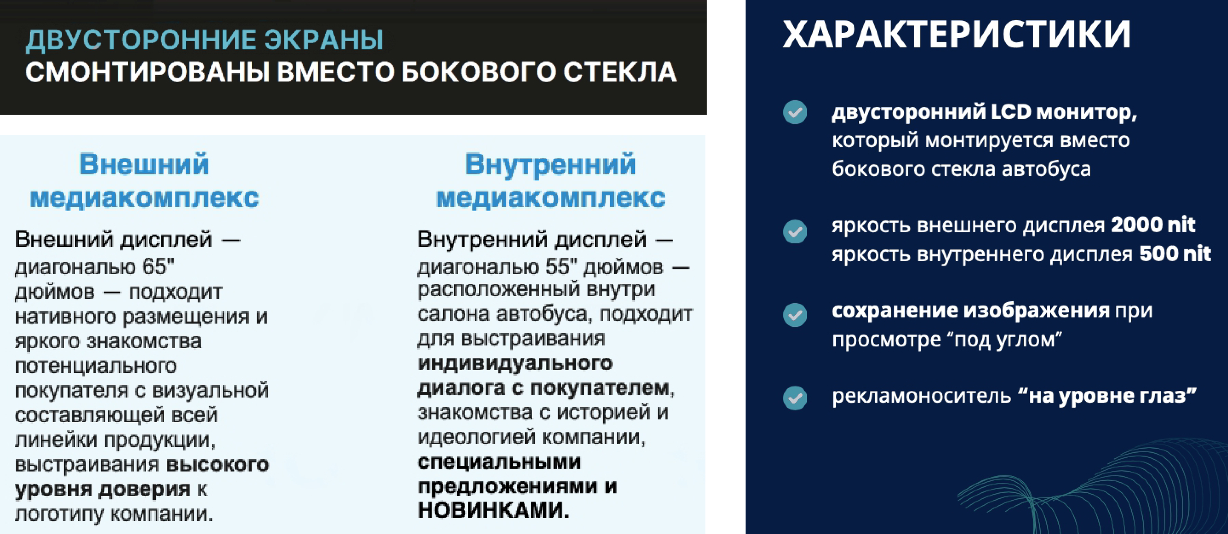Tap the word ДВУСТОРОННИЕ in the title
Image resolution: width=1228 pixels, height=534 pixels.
[x=141, y=40]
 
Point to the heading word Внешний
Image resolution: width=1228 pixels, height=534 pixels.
[x=144, y=165]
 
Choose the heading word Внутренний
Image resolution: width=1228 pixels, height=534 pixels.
[x=550, y=165]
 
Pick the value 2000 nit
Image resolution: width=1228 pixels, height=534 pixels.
[x=1153, y=225]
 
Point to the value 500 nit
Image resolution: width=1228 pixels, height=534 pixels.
[x=1175, y=254]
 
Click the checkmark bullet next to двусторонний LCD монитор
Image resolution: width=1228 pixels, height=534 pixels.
[x=795, y=112]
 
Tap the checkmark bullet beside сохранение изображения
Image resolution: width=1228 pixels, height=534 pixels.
[x=795, y=315]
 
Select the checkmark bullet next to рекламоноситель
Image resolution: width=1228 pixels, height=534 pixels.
[x=795, y=398]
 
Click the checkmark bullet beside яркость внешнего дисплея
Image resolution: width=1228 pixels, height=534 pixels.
[x=795, y=231]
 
